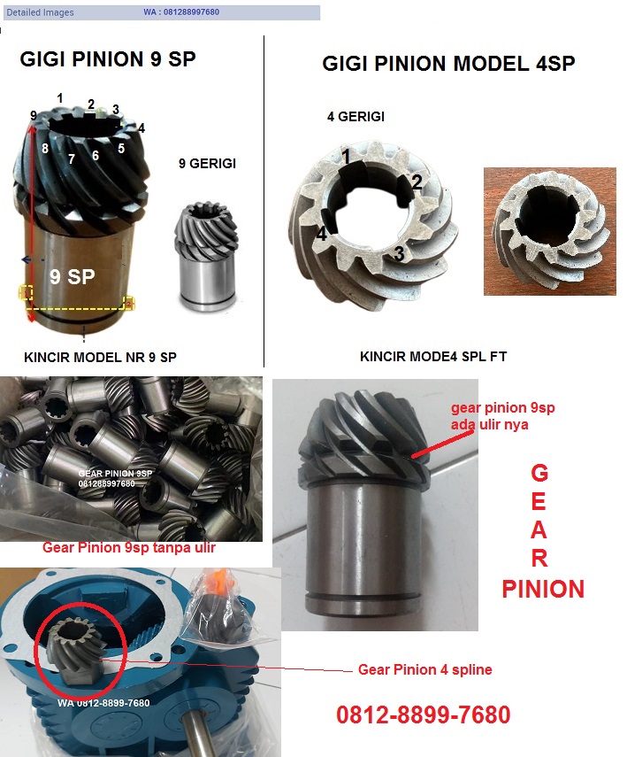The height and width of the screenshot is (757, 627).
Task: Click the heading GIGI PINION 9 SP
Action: [x=108, y=59]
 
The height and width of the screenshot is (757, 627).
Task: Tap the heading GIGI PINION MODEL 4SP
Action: [x=448, y=63]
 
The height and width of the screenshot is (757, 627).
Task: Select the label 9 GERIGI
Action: [x=208, y=163]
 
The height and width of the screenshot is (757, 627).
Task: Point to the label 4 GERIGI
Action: [x=356, y=116]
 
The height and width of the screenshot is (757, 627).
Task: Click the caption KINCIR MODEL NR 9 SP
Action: [x=100, y=358]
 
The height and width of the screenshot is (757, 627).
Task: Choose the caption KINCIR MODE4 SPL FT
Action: [x=433, y=356]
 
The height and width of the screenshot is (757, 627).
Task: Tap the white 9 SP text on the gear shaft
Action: [x=73, y=276]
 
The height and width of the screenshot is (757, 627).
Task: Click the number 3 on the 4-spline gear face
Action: [x=399, y=253]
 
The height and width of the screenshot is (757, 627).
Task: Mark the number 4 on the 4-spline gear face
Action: [x=322, y=234]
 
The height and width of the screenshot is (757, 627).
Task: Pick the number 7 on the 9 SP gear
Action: [x=72, y=158]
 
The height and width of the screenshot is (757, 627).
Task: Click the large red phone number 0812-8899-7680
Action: [x=423, y=715]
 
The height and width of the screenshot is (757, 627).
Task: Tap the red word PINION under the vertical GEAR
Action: [x=543, y=589]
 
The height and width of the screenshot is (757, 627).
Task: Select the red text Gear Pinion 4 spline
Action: [x=424, y=669]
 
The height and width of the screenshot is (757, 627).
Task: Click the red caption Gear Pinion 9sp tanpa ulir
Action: [x=129, y=547]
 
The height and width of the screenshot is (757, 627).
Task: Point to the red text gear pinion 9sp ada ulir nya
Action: [x=502, y=416]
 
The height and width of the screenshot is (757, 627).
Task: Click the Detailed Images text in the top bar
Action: [x=40, y=12]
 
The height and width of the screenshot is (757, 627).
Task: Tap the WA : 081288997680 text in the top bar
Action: [x=181, y=12]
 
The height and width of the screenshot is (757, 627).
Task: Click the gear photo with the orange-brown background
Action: [x=550, y=231]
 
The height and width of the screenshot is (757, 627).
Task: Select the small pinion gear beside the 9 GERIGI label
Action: [x=206, y=257]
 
